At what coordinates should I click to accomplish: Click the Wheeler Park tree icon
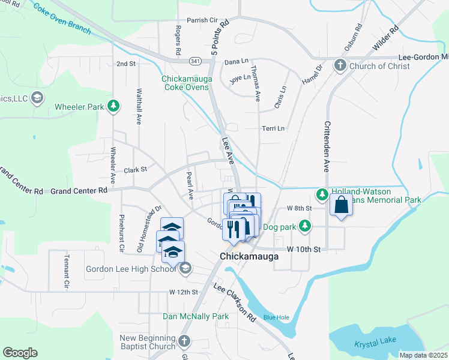(113, 107)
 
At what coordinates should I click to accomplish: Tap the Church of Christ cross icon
(340, 65)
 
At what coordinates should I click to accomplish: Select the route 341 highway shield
(194, 61)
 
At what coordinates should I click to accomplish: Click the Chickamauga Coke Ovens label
(185, 82)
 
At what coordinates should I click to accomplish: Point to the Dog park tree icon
(306, 226)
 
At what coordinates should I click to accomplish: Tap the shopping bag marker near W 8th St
(340, 205)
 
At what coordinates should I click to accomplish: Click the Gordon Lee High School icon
(185, 268)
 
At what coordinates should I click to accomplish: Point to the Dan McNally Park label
(196, 316)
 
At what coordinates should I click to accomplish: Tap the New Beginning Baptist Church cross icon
(184, 341)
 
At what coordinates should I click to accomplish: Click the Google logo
(20, 353)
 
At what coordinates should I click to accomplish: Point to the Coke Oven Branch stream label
(62, 19)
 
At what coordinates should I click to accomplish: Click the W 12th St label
(184, 292)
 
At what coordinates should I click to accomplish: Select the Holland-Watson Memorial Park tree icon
(322, 193)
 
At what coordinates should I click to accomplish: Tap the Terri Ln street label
(273, 128)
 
